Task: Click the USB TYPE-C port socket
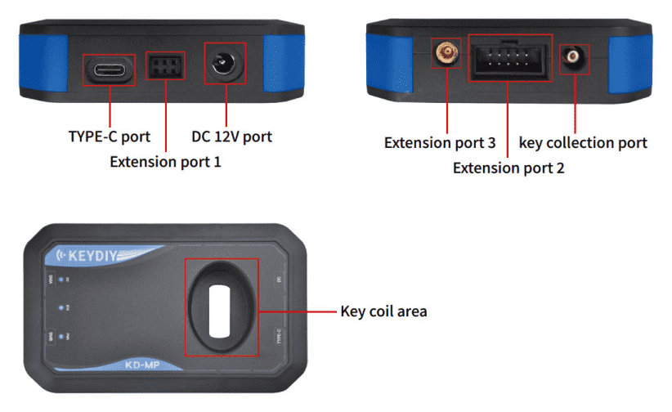pyautogui.click(x=110, y=70)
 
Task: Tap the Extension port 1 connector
pyautogui.click(x=165, y=65)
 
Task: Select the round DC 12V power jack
pyautogui.click(x=222, y=65)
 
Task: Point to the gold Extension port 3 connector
pyautogui.click(x=446, y=56)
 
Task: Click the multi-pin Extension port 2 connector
pyautogui.click(x=509, y=59)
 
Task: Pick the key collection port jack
pyautogui.click(x=573, y=57)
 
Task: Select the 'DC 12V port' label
pyautogui.click(x=231, y=136)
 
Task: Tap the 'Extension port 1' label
pyautogui.click(x=165, y=162)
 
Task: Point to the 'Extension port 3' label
pyautogui.click(x=440, y=142)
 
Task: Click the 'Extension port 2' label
pyautogui.click(x=508, y=168)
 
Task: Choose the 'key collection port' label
pyautogui.click(x=583, y=142)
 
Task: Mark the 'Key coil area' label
pyautogui.click(x=383, y=311)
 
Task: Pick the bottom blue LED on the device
pyautogui.click(x=60, y=336)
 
